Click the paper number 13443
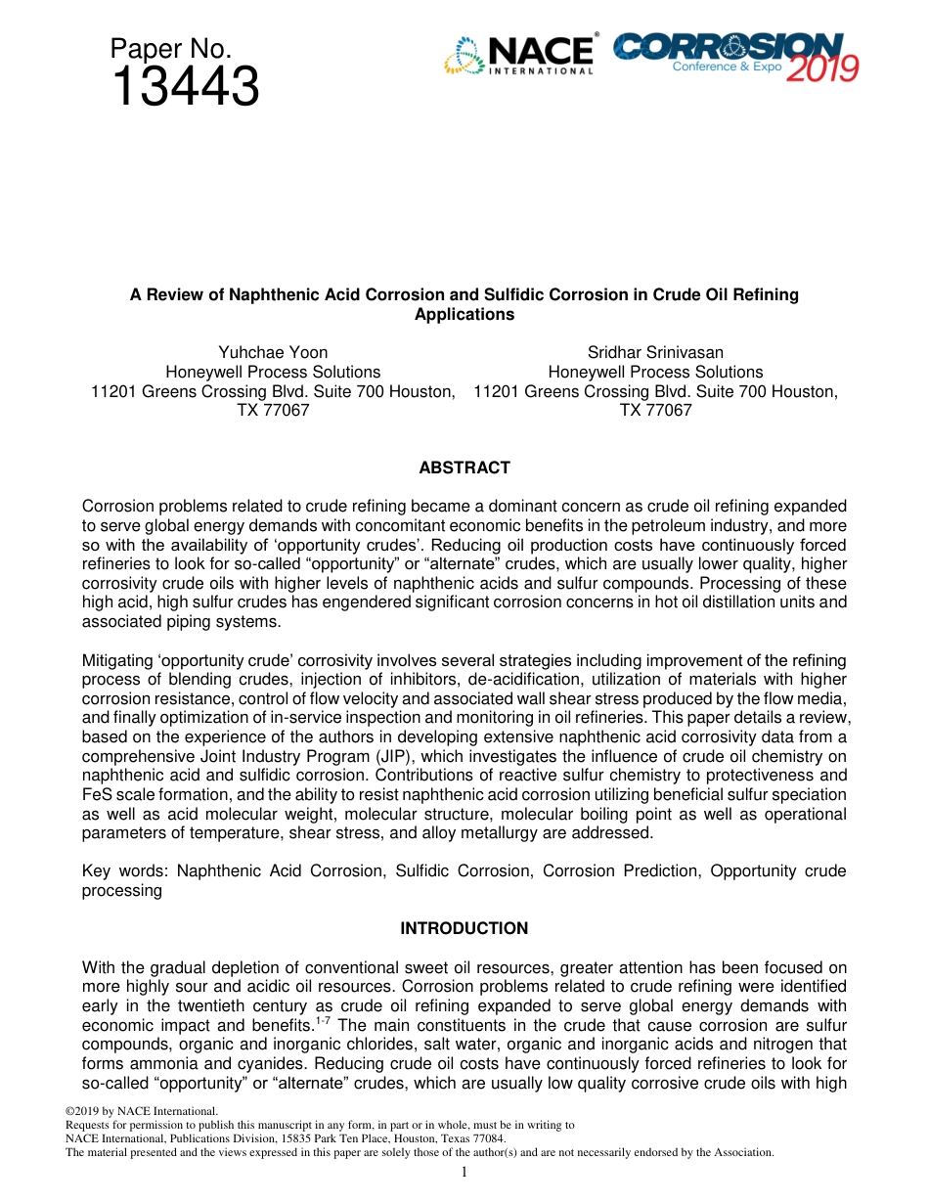tap(186, 87)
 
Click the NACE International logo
tap(519, 56)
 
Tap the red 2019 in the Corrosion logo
tap(822, 68)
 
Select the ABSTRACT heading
tap(464, 468)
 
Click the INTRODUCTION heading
tap(464, 929)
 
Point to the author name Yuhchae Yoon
tap(273, 352)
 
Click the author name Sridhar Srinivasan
tap(655, 352)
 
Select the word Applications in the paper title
tap(464, 315)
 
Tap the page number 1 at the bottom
tap(464, 1172)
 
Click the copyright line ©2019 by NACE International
tap(141, 1111)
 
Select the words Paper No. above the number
tap(170, 49)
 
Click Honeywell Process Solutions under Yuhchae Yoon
tap(273, 372)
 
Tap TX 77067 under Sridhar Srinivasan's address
tap(655, 411)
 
